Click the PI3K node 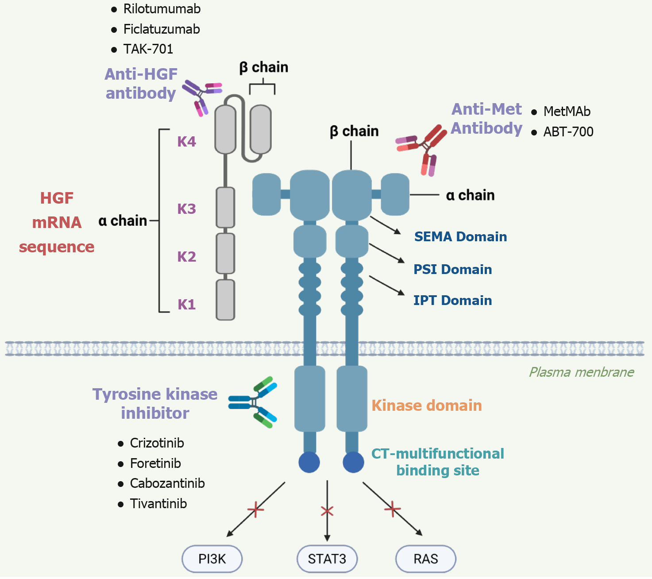coord(212,559)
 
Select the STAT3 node coord(327,559)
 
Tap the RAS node coord(425,559)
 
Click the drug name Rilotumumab coord(162,9)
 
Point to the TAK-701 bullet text coord(148,49)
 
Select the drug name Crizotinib coord(157,443)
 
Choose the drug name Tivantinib coord(158,503)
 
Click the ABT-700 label coord(568,131)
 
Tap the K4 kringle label coord(186,142)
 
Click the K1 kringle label coord(186,305)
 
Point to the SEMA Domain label coord(460,237)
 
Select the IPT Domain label coord(452,301)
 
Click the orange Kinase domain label coord(427,405)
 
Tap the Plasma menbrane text coord(581,372)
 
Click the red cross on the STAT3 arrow coord(327,511)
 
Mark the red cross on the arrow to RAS coord(392,509)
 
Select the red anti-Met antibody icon coord(423,148)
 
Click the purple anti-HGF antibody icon coord(201,96)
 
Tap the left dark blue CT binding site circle coord(309,463)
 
